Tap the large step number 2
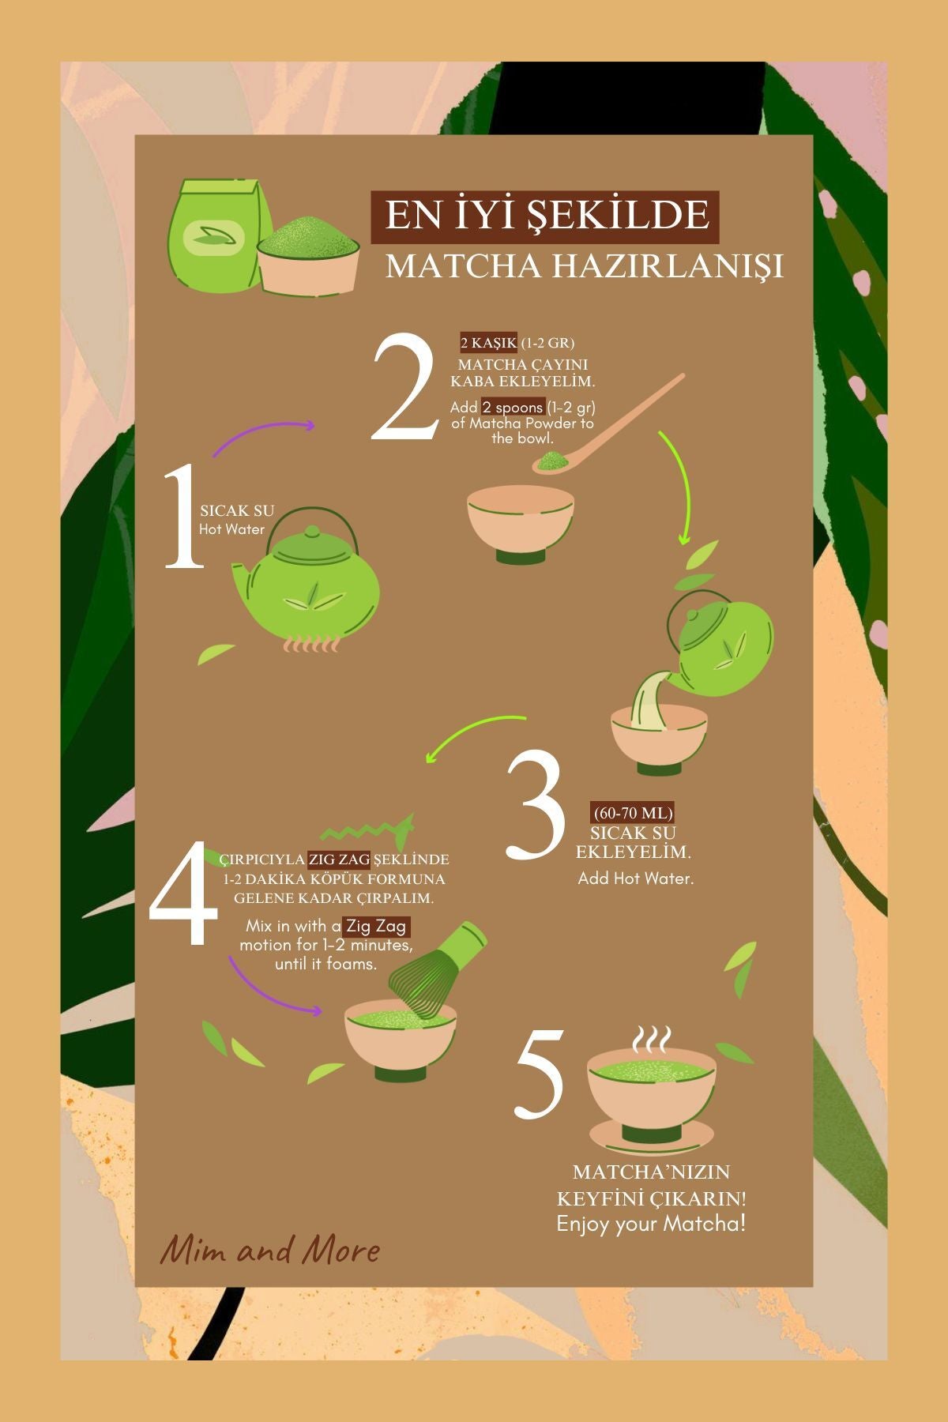[404, 387]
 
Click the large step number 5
[540, 1073]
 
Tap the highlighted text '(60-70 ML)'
[633, 813]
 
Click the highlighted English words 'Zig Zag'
[377, 925]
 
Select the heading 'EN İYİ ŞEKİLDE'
[546, 216]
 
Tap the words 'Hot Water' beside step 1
[231, 529]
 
